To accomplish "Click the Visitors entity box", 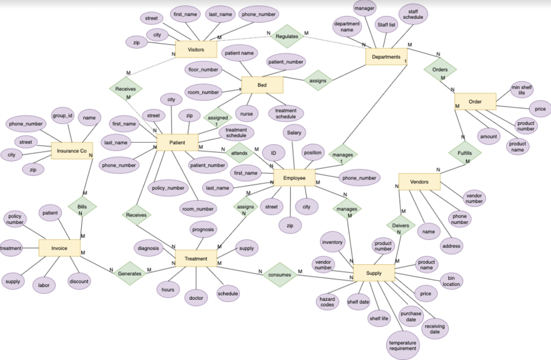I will (x=196, y=50).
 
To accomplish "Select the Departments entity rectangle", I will (x=386, y=57).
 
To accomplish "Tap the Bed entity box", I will (x=262, y=85).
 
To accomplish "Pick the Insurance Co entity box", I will (x=72, y=151).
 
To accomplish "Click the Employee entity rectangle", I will (x=294, y=178).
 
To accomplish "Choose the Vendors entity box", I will (x=419, y=182).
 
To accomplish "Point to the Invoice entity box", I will (x=59, y=248).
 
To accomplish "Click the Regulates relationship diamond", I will (x=286, y=37).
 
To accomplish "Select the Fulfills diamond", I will (x=465, y=153).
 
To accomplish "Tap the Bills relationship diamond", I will (x=82, y=206).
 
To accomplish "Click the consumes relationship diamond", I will (x=279, y=275).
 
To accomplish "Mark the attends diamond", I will (x=239, y=153).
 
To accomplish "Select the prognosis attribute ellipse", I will (x=203, y=230).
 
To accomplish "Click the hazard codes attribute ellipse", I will (x=327, y=302).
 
